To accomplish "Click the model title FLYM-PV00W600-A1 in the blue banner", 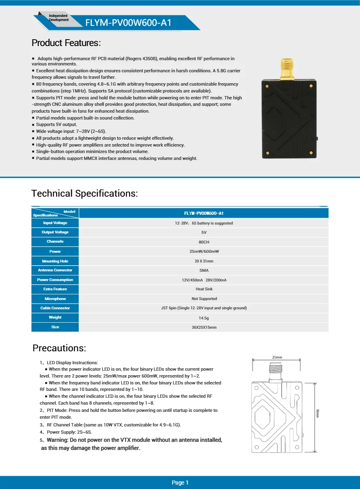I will point(128,23).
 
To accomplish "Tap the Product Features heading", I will point(66,43).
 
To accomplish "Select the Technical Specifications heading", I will point(85,193).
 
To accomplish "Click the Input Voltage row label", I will point(55,223).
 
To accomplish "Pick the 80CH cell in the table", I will point(204,242).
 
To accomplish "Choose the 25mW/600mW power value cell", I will point(204,252).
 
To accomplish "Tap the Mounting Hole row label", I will point(55,261).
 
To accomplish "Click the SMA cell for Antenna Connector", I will point(204,271).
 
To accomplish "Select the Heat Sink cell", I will point(204,289).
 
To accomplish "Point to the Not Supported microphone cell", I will point(204,299).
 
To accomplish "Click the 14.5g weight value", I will point(204,318).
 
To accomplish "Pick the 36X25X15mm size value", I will point(204,327).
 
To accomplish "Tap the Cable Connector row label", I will point(55,308).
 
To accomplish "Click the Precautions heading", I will point(59,348).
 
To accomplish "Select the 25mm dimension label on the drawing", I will point(277,357).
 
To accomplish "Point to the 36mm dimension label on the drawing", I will point(318,413).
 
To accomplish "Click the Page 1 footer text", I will point(180,483).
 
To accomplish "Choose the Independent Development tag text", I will point(59,18).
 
